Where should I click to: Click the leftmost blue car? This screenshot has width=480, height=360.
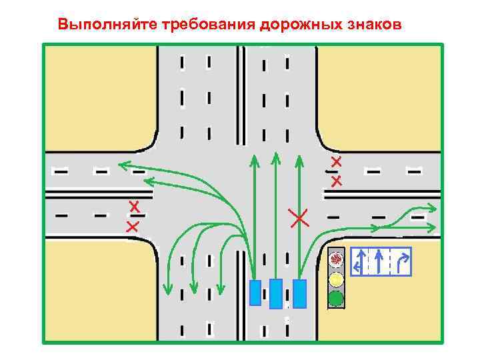tap(255, 293)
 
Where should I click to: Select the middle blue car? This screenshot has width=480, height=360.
tap(276, 294)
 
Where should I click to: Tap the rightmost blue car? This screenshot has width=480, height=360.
tap(299, 293)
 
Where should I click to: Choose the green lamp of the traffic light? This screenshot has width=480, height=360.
tap(337, 298)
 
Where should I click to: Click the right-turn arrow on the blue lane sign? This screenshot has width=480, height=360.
tap(403, 261)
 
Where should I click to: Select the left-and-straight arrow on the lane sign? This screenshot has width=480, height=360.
tap(360, 261)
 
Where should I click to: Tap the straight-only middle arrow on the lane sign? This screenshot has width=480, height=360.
tap(379, 261)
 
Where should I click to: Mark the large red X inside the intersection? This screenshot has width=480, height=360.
tap(299, 217)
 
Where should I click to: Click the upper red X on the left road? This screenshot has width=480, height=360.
tap(135, 207)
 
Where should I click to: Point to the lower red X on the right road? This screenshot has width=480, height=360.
tap(337, 181)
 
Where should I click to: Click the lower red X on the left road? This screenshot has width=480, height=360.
tap(132, 227)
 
